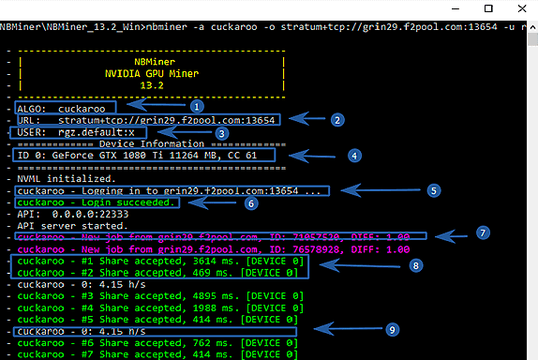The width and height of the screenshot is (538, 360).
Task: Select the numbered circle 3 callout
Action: click(222, 133)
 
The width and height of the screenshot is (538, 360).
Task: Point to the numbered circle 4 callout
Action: click(354, 155)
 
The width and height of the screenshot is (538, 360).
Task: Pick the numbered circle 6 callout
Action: click(249, 202)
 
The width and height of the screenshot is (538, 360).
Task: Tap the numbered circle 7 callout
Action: click(482, 231)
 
